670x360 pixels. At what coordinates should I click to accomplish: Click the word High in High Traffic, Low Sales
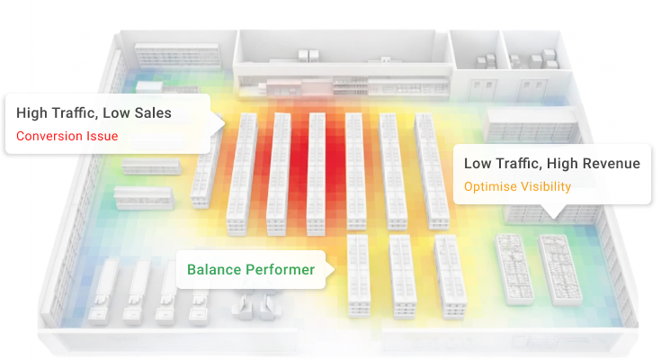(34, 113)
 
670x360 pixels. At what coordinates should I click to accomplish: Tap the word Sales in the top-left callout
(150, 113)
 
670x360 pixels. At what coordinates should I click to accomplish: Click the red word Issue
(103, 137)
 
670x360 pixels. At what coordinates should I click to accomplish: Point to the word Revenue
(611, 164)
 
